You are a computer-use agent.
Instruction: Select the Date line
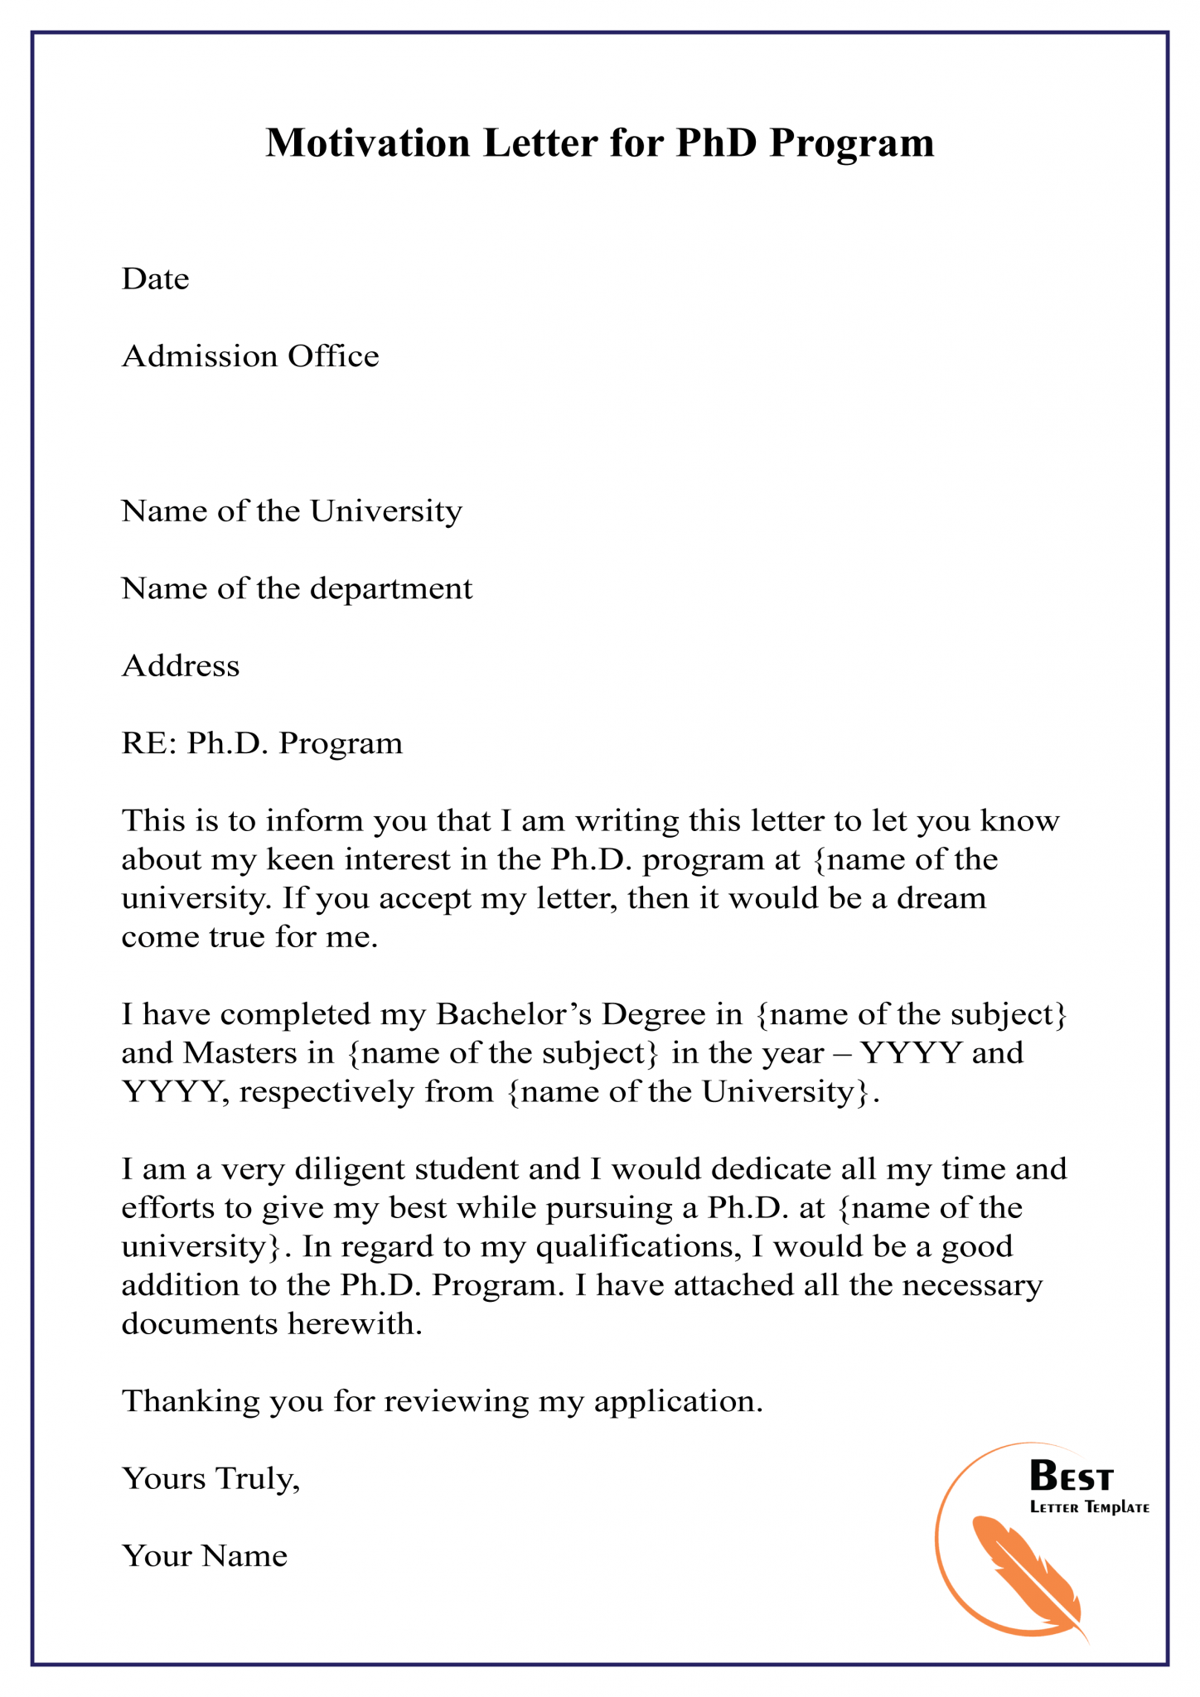[156, 279]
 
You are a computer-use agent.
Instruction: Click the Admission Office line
[250, 356]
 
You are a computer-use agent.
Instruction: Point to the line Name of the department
[297, 588]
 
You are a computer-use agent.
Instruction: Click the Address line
[181, 665]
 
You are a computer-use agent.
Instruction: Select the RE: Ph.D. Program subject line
[262, 743]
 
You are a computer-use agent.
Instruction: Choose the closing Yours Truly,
[210, 1478]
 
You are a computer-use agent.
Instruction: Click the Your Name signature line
[205, 1556]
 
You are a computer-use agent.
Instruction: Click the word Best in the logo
[1071, 1477]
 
